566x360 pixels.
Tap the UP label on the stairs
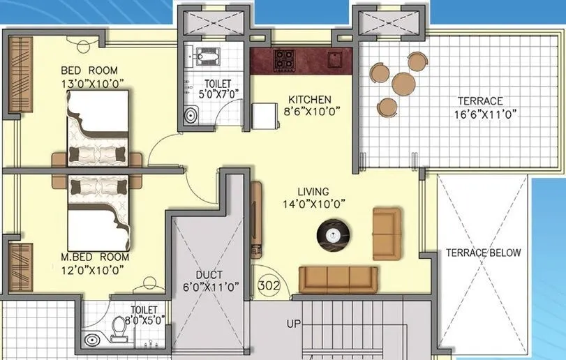pyautogui.click(x=293, y=324)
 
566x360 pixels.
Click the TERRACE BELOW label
pyautogui.click(x=484, y=253)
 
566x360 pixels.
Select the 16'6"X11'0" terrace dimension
pyautogui.click(x=486, y=114)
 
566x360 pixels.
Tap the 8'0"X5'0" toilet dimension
pyautogui.click(x=144, y=320)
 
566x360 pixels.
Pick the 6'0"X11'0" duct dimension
pyautogui.click(x=210, y=285)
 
